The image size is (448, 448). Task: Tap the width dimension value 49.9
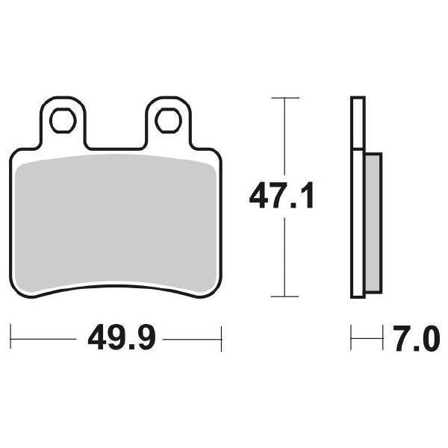point(121,340)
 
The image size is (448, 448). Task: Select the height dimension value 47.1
point(282,198)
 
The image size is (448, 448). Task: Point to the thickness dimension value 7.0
point(411,340)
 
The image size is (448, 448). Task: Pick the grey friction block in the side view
point(373,224)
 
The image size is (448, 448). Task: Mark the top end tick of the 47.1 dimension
point(284,98)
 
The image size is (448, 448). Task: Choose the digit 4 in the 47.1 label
point(258,198)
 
